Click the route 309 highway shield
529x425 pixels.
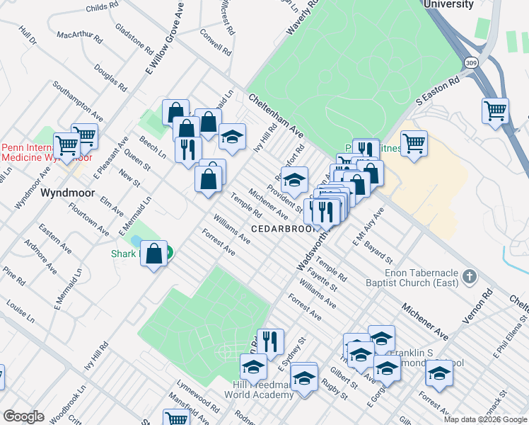tap(470, 62)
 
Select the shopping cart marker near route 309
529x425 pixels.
tap(495, 110)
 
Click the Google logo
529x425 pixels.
tap(23, 416)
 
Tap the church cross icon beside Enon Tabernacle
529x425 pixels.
tap(470, 275)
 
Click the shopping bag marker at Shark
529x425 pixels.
tap(153, 254)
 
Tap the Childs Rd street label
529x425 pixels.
tap(102, 7)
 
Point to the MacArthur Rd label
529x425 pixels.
tap(74, 34)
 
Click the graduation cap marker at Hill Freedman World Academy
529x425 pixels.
tap(253, 366)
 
